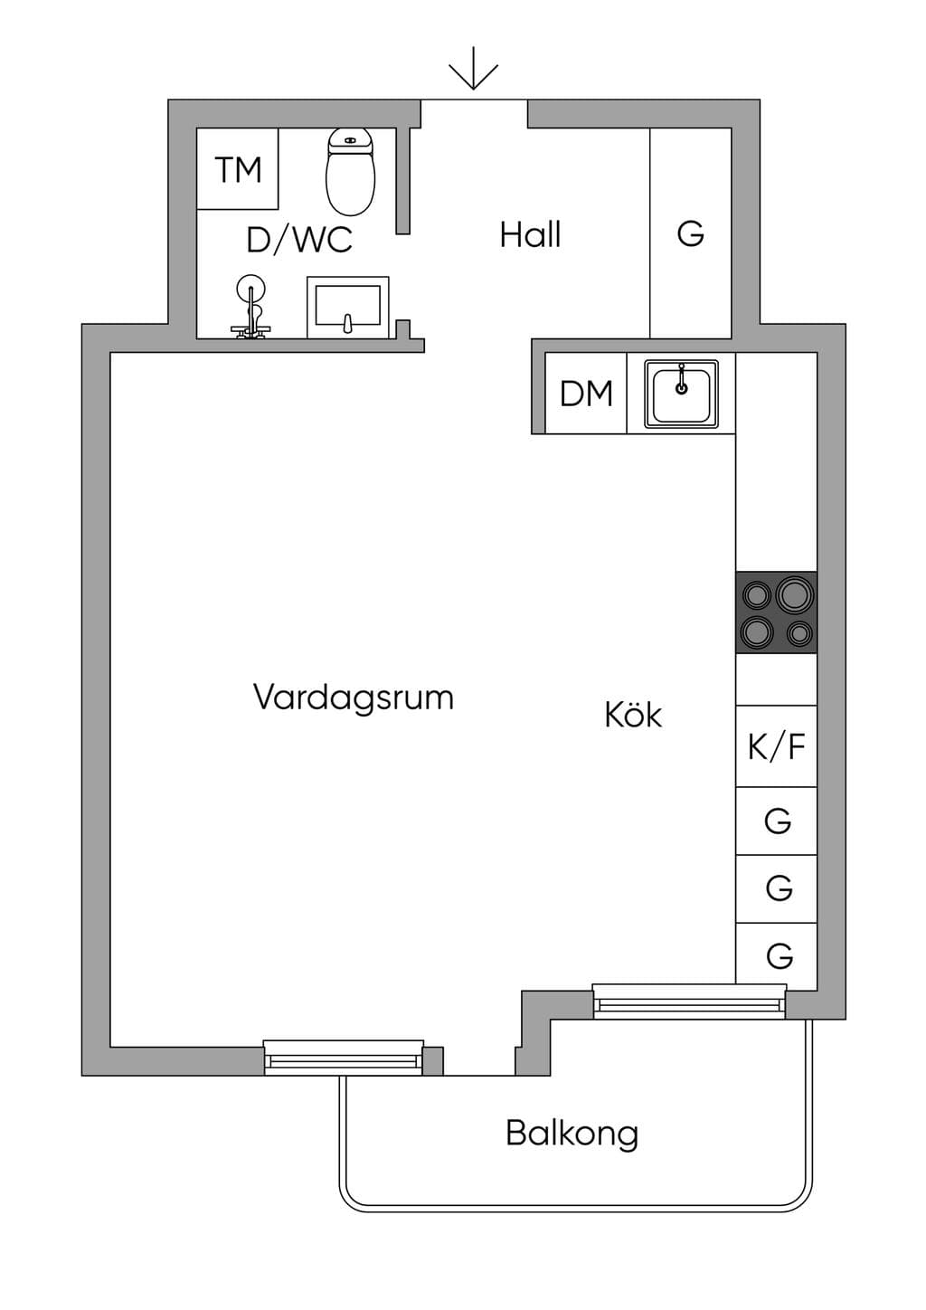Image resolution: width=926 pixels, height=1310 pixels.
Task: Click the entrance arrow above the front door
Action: tap(473, 69)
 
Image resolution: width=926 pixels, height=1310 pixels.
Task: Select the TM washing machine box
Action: tap(237, 169)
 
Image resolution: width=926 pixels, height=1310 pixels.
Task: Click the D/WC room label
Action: tap(299, 240)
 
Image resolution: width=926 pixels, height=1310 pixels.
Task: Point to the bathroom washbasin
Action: tap(348, 307)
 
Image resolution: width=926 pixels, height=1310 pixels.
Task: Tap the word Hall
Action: tap(530, 234)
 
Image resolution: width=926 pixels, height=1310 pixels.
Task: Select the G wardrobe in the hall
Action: tap(690, 233)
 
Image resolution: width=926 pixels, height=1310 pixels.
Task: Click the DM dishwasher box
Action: tap(586, 393)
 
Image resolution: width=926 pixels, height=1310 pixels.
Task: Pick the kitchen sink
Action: tap(681, 394)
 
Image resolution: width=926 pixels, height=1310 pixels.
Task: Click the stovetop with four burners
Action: tap(777, 612)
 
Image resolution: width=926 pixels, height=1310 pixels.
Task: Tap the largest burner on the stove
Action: tap(795, 594)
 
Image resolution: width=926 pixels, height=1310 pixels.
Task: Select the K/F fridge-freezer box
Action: tap(777, 745)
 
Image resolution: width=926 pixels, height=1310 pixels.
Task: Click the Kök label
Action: tap(633, 715)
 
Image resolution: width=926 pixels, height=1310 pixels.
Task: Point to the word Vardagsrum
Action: tap(354, 698)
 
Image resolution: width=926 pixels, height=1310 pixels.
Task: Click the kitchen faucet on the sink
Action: tap(681, 379)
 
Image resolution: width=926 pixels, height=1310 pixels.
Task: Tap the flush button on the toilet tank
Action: tap(350, 140)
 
